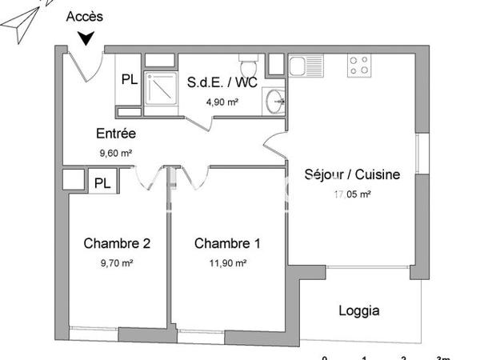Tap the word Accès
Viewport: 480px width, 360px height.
(84, 16)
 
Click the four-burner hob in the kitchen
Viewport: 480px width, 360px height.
(359, 66)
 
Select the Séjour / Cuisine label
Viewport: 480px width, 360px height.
(352, 174)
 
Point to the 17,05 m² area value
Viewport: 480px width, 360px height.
(352, 193)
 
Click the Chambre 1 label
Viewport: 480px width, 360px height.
(227, 243)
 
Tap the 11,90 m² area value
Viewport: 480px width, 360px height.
(227, 262)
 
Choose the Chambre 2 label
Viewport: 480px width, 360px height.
(118, 243)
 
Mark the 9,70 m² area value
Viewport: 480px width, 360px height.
(118, 262)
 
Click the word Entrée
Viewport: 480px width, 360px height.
(115, 134)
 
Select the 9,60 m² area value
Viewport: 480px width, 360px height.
(115, 152)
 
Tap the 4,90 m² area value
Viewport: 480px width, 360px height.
(222, 102)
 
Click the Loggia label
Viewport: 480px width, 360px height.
(359, 311)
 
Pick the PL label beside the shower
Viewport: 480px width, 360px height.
(129, 79)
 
